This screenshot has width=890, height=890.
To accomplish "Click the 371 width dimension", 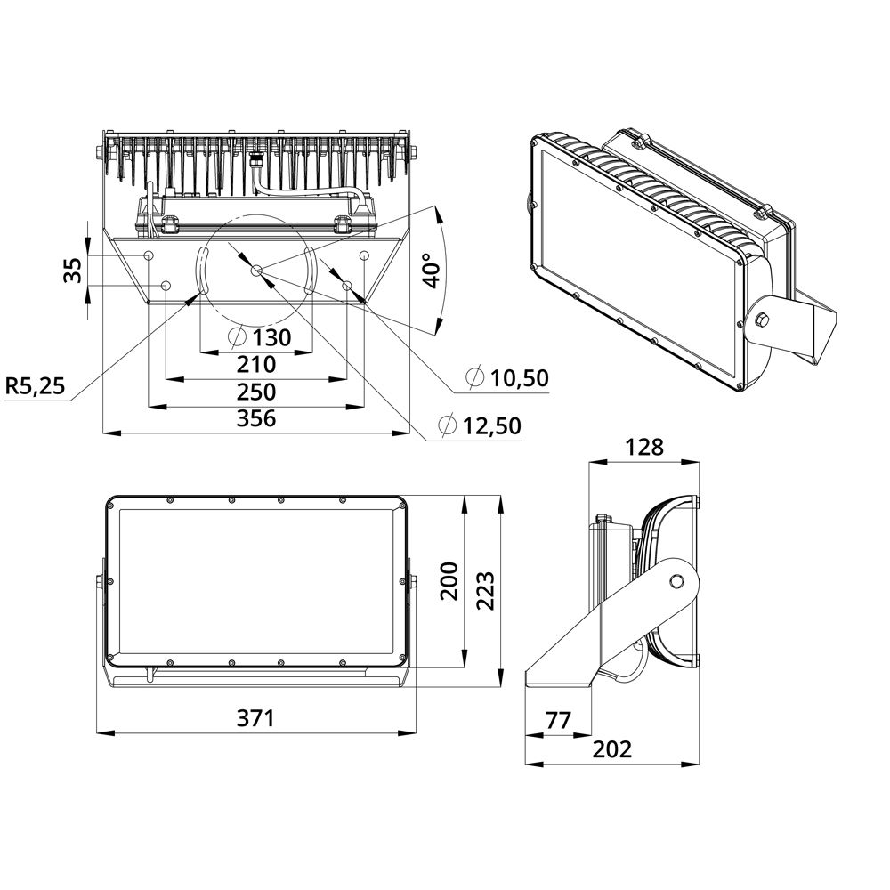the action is pyautogui.click(x=255, y=718).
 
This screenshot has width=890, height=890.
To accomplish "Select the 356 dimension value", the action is pyautogui.click(x=256, y=418).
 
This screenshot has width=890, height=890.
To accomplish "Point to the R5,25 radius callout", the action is pyautogui.click(x=36, y=386).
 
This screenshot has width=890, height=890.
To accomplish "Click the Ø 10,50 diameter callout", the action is pyautogui.click(x=507, y=377).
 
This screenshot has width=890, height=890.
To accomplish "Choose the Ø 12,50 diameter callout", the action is pyautogui.click(x=480, y=425).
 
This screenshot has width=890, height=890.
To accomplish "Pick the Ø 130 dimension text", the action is pyautogui.click(x=259, y=337).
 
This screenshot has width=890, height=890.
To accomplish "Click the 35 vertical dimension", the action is pyautogui.click(x=73, y=271).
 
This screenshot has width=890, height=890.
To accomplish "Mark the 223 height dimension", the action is pyautogui.click(x=485, y=590).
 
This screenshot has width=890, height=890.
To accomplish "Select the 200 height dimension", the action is pyautogui.click(x=449, y=581).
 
